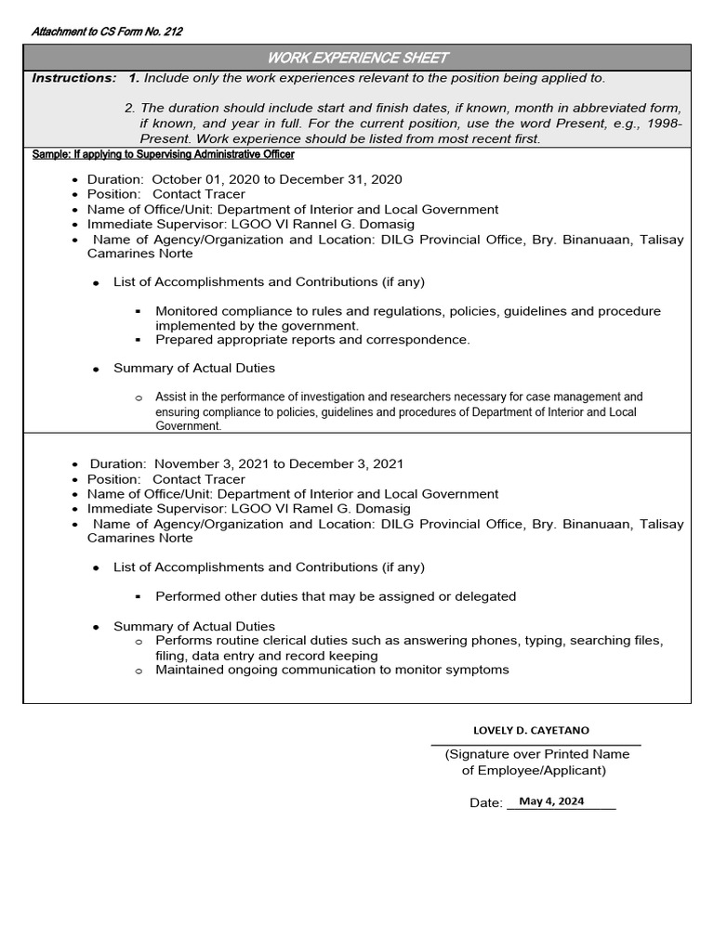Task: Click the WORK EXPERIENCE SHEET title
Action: pyautogui.click(x=357, y=58)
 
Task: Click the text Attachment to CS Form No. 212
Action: pyautogui.click(x=107, y=32)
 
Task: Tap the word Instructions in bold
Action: pyautogui.click(x=74, y=78)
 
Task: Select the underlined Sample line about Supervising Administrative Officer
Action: pyautogui.click(x=163, y=154)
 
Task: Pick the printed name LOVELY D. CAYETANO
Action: pyautogui.click(x=531, y=731)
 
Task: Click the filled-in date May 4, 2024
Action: pyautogui.click(x=551, y=801)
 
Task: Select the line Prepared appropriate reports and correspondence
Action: pyautogui.click(x=312, y=340)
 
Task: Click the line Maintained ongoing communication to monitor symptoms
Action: pyautogui.click(x=332, y=670)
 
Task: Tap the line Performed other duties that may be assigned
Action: pyautogui.click(x=335, y=596)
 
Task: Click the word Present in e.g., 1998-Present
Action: pyautogui.click(x=164, y=138)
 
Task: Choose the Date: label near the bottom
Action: pyautogui.click(x=485, y=802)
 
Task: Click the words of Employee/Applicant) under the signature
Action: pyautogui.click(x=534, y=770)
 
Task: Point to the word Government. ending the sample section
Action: pyautogui.click(x=189, y=426)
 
